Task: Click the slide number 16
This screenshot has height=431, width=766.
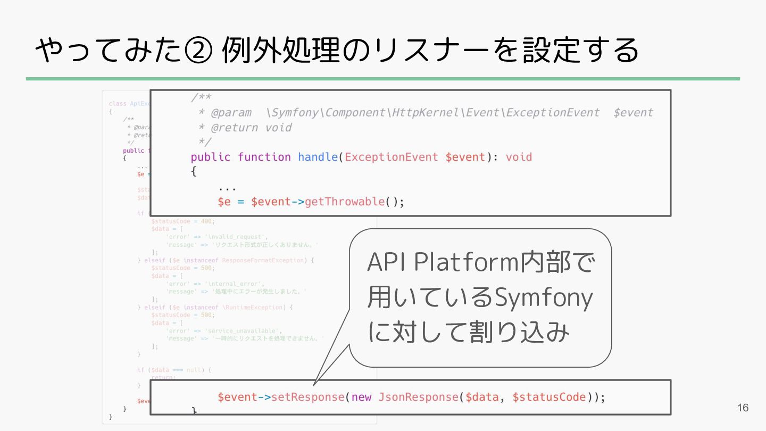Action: coord(743,408)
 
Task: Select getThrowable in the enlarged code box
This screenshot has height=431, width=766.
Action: coord(345,202)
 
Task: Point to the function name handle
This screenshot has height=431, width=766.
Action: coord(318,157)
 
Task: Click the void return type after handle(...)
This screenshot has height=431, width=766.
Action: coord(519,157)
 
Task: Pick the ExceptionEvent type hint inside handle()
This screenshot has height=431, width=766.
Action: coord(392,157)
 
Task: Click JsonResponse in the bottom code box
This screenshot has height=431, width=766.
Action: coord(418,397)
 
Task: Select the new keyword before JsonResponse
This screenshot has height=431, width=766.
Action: coord(361,397)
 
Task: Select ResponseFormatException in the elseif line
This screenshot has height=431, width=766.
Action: coord(263,260)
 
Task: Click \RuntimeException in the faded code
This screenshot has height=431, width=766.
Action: coord(253,308)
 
